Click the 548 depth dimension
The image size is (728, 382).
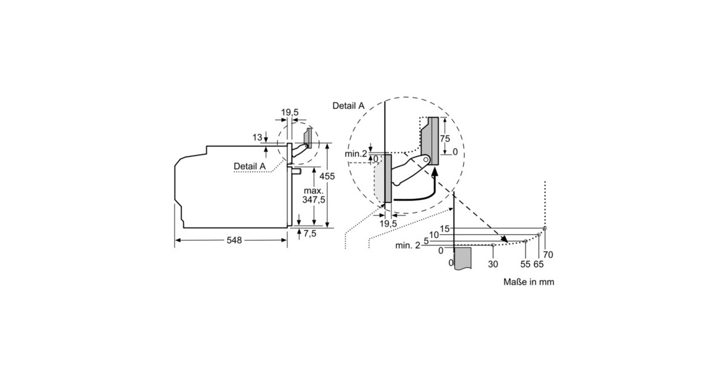point(234,240)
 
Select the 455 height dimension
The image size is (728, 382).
point(327,176)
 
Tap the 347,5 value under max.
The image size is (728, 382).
point(314,199)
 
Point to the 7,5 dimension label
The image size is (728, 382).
point(310,233)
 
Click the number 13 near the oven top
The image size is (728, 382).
point(257,138)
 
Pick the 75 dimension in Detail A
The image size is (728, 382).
point(445,139)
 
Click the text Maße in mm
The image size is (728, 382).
point(529,282)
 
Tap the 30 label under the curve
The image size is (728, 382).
point(493,264)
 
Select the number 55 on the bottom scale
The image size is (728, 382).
point(525,264)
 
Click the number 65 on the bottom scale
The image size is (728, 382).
point(539,264)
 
